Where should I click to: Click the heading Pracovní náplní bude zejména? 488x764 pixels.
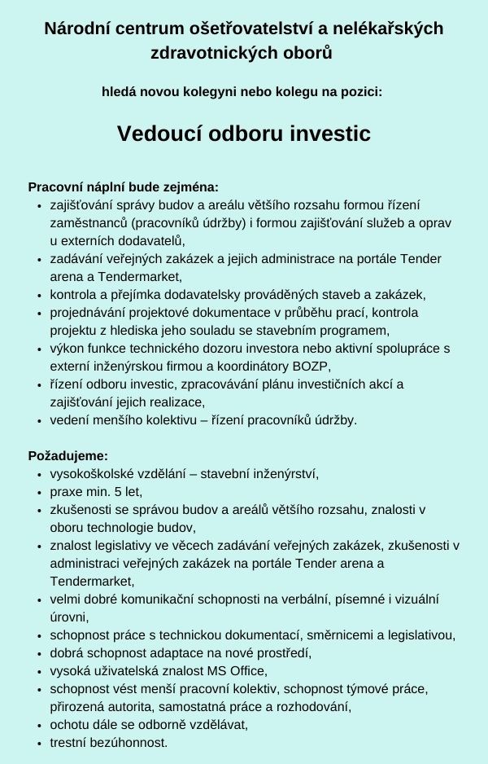tap(123, 187)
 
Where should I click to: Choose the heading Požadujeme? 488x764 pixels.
tap(68, 455)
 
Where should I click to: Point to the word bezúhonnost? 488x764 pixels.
tap(131, 742)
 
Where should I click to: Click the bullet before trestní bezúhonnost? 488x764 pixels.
tap(40, 743)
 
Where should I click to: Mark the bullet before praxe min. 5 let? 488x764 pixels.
tap(40, 492)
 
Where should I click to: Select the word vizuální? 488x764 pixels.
tap(412, 599)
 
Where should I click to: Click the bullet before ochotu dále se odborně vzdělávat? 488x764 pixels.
tap(40, 725)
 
